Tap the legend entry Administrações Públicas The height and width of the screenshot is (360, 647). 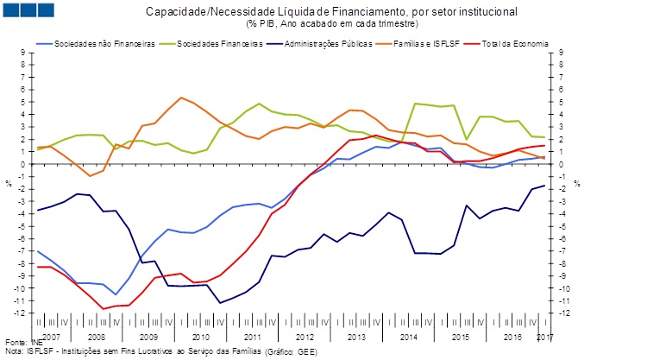coord(333,42)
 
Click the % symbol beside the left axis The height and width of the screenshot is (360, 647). coord(8,183)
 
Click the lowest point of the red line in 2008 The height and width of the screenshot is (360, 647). coord(104,308)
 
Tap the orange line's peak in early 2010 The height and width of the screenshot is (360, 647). coord(181,98)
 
